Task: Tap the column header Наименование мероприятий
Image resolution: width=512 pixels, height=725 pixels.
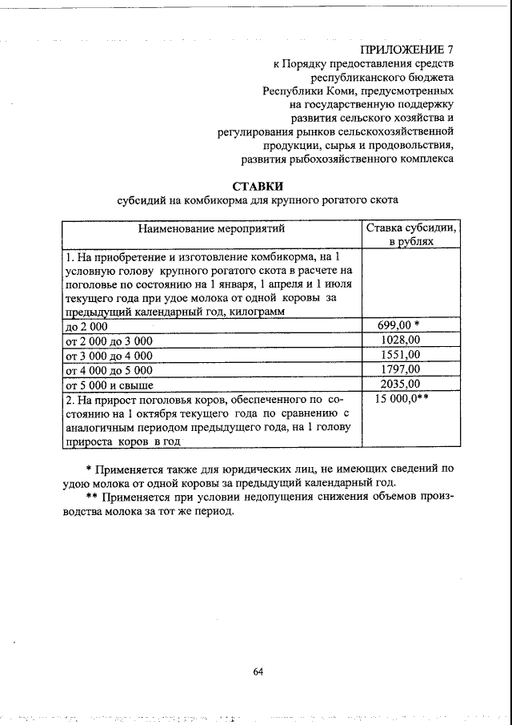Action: [211, 229]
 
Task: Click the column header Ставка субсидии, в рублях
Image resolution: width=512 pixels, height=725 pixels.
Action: [411, 235]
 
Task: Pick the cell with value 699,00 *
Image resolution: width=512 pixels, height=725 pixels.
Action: [398, 326]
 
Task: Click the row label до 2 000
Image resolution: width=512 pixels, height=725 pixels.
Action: [86, 327]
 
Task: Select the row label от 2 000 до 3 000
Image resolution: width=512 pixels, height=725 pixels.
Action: [109, 341]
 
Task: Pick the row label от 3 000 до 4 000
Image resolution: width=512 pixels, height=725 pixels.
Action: [109, 356]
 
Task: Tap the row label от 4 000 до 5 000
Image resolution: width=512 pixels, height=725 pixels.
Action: [109, 370]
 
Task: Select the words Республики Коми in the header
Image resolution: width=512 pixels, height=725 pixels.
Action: [304, 91]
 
